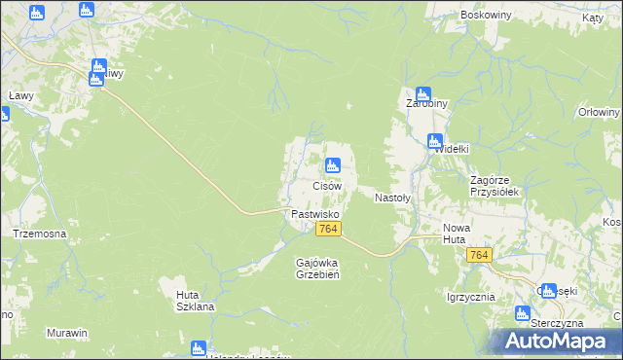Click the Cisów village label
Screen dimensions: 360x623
coord(326,185)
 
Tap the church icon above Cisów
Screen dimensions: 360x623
coord(333,165)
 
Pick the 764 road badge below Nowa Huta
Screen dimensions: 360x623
coord(478,254)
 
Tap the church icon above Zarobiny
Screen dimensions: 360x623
coord(422,94)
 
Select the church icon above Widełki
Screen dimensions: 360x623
coord(435,140)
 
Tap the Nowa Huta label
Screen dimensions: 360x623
coord(456,234)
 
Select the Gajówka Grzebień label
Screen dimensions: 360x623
coord(316,268)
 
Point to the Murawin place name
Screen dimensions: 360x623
coord(67,333)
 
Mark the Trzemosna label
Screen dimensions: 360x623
coord(39,234)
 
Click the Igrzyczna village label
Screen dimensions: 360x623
coord(471,297)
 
